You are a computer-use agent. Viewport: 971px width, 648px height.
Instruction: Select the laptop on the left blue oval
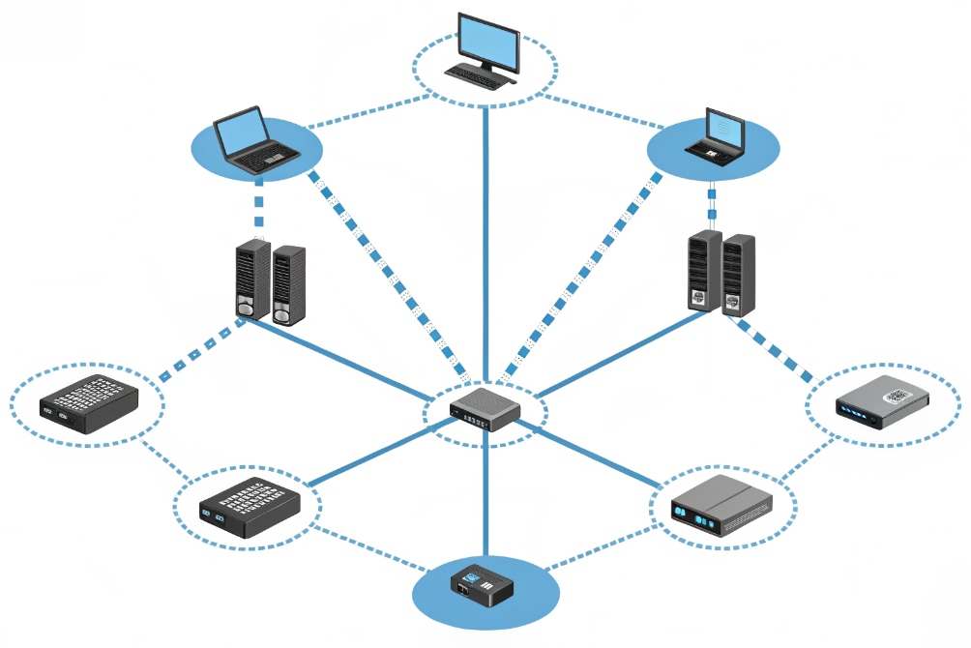tap(252, 137)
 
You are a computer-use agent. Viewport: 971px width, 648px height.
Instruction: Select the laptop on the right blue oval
tap(717, 135)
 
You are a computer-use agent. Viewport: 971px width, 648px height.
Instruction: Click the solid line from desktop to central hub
tap(485, 242)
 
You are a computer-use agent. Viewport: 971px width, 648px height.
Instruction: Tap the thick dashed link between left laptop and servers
tap(259, 208)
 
